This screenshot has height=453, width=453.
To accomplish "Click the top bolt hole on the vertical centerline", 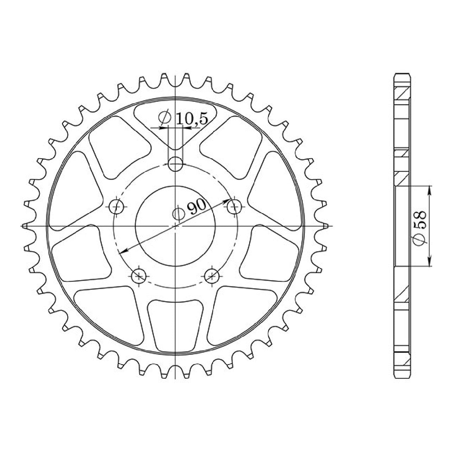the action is point(175,164).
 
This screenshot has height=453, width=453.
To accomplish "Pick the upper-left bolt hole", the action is point(117,207).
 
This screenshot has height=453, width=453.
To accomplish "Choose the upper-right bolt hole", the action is point(234,207).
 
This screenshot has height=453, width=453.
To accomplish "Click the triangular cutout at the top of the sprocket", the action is point(175,125).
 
